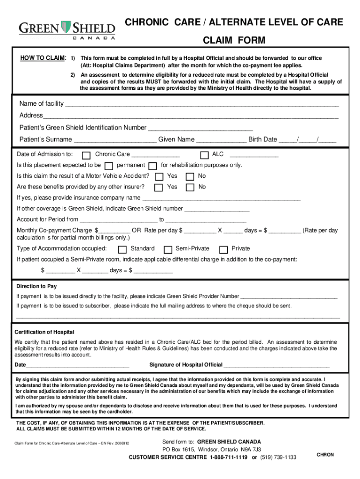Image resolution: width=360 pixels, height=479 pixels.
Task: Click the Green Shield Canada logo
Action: tap(67, 29)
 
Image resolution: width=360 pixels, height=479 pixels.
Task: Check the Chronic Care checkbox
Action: tap(86, 155)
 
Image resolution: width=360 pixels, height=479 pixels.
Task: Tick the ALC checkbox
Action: tap(204, 155)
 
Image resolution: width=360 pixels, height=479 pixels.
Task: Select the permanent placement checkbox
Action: tap(109, 166)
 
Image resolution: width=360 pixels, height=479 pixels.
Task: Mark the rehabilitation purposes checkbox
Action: tap(153, 166)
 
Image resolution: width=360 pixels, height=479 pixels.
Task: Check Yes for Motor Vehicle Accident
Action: tap(159, 177)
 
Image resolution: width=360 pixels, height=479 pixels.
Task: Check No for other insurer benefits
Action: tap(190, 188)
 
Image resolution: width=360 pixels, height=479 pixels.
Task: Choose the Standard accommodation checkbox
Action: tap(122, 249)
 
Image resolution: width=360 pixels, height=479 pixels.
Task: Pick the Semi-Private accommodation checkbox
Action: tap(167, 249)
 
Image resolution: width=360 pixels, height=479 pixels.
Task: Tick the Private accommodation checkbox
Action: tap(223, 249)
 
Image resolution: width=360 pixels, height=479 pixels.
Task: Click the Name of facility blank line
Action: tap(201, 104)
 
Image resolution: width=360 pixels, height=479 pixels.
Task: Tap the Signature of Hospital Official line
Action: tap(277, 365)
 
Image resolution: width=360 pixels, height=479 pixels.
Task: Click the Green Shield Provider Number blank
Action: tap(288, 297)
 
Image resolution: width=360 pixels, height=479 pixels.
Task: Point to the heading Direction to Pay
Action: tap(36, 286)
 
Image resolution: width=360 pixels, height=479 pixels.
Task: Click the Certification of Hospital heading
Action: tap(44, 332)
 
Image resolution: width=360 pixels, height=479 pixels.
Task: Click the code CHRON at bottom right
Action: tap(325, 455)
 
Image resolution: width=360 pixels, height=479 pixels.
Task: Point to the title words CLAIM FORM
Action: tap(234, 41)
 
